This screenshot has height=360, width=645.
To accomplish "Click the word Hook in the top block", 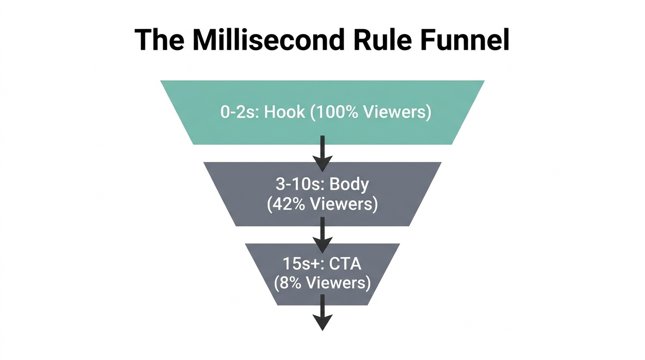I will [285, 112].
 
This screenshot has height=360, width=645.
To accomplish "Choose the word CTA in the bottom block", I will [345, 264].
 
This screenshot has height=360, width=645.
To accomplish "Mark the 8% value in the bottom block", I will [290, 284].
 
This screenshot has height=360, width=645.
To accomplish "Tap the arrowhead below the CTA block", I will [322, 322].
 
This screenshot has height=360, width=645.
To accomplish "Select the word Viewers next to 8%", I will [339, 284].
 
